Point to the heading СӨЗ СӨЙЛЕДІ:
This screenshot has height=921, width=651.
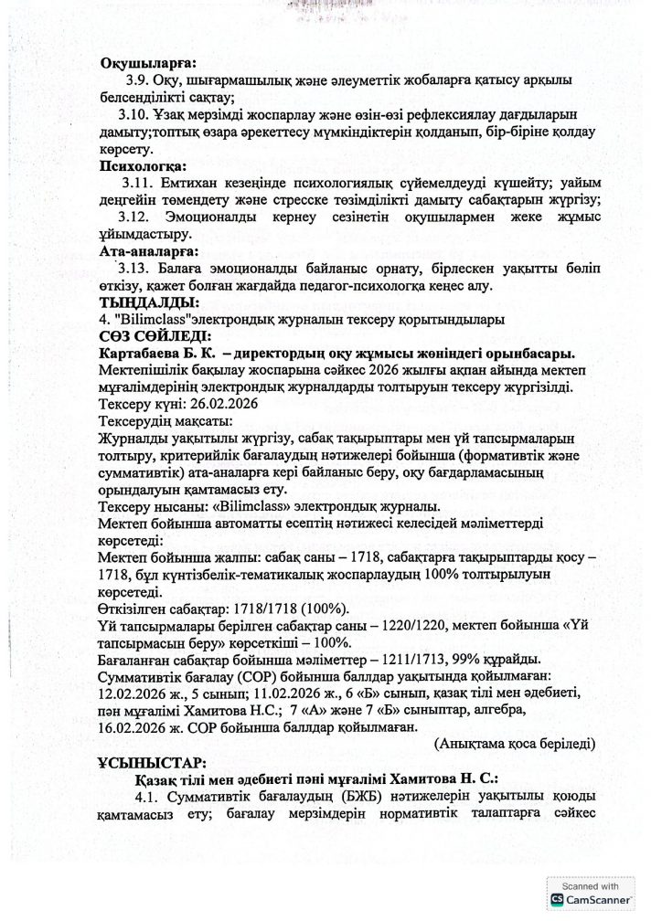tap(152, 335)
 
